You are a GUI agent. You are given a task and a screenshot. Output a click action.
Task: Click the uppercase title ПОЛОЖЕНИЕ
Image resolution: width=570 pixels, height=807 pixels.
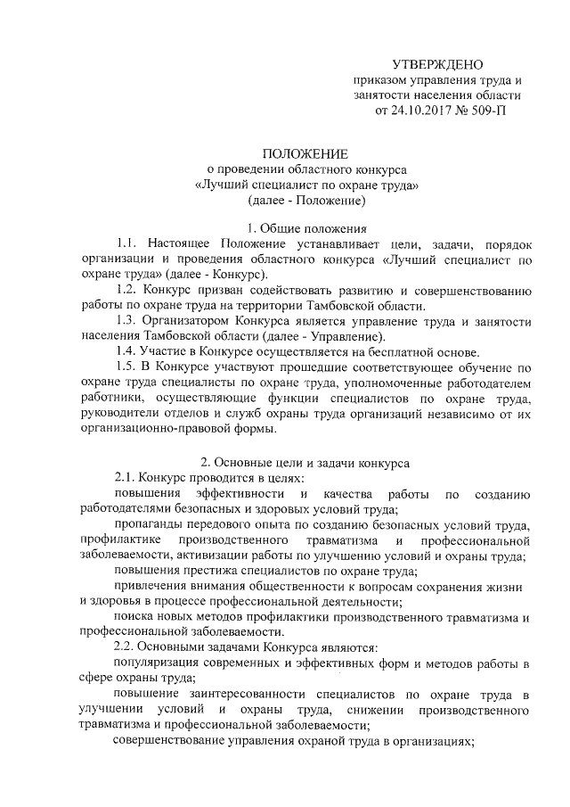[x=305, y=152]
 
